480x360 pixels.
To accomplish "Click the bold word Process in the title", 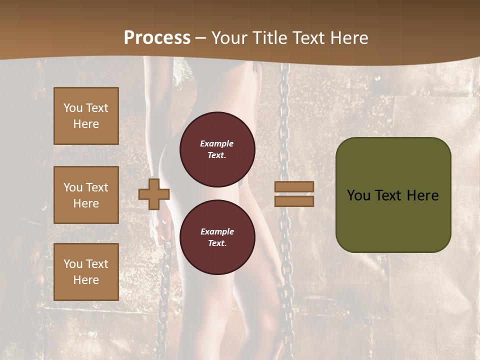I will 157,38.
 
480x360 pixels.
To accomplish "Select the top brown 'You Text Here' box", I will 86,116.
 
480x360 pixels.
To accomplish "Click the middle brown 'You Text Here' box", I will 86,195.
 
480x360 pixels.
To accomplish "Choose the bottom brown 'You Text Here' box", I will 86,271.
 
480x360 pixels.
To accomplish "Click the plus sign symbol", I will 154,194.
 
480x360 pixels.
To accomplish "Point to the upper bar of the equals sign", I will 294,186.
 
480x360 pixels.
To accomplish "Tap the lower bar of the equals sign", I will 294,201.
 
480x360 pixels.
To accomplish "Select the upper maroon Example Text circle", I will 217,149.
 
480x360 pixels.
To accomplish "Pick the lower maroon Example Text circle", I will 217,237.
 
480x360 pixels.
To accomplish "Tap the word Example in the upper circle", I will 217,143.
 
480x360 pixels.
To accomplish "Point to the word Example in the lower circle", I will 217,231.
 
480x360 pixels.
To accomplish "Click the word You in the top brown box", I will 73,108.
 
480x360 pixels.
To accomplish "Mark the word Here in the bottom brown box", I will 86,280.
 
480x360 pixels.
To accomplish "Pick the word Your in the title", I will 230,38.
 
